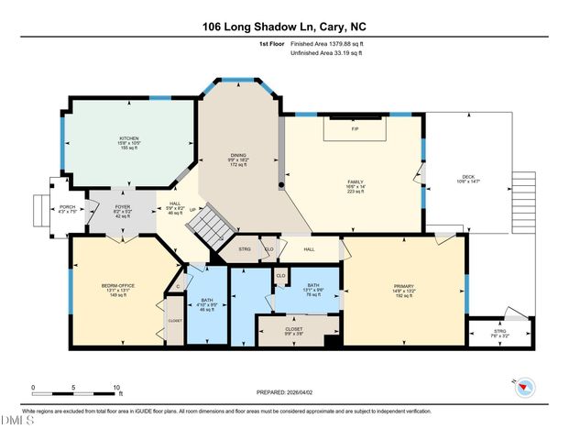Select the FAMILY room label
click(x=355, y=181)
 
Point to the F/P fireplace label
click(x=355, y=129)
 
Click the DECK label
click(x=467, y=177)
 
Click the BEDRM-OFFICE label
click(x=118, y=286)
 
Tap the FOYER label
click(x=123, y=207)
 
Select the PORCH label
click(x=68, y=207)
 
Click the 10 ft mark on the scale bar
click(x=116, y=388)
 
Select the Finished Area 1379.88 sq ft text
click(x=325, y=43)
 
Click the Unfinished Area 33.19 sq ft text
click(x=326, y=53)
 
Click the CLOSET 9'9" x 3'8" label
click(x=293, y=327)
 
